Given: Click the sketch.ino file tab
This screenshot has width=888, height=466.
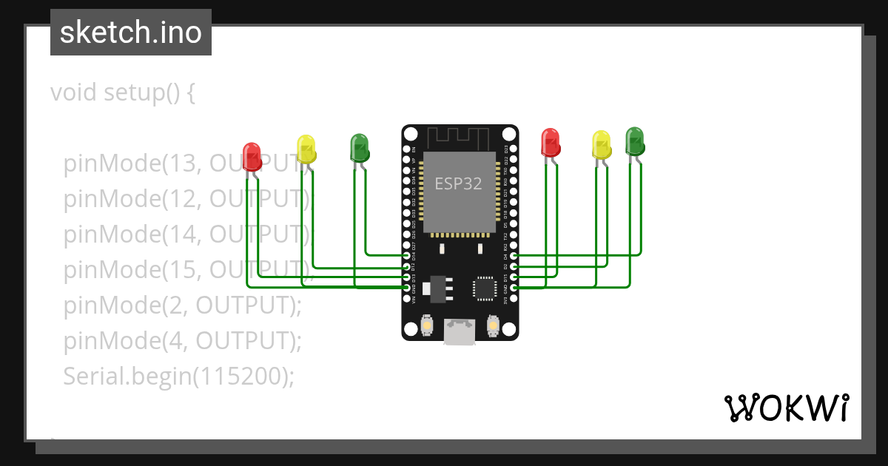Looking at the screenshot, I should coord(131,33).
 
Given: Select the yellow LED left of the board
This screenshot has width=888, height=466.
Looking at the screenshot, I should coord(306,149).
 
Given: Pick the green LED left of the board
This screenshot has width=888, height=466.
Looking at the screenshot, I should coord(360,147).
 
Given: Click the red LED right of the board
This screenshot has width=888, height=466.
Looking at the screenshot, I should coord(550,142).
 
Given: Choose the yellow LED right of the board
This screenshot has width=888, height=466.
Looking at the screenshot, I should coord(602,144).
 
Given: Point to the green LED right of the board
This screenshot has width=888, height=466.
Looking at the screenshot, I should coord(635,141).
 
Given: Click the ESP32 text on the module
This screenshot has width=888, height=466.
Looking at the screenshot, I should coord(458,184).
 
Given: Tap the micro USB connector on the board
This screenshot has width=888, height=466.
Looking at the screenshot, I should coord(459,332).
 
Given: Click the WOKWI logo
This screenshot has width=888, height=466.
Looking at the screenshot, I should coord(786,408).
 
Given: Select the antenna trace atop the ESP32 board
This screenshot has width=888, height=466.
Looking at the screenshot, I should coord(459,137).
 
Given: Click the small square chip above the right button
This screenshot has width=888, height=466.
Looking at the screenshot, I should coord(485,288).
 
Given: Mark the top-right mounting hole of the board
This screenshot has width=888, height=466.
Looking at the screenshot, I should coord(509,134).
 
